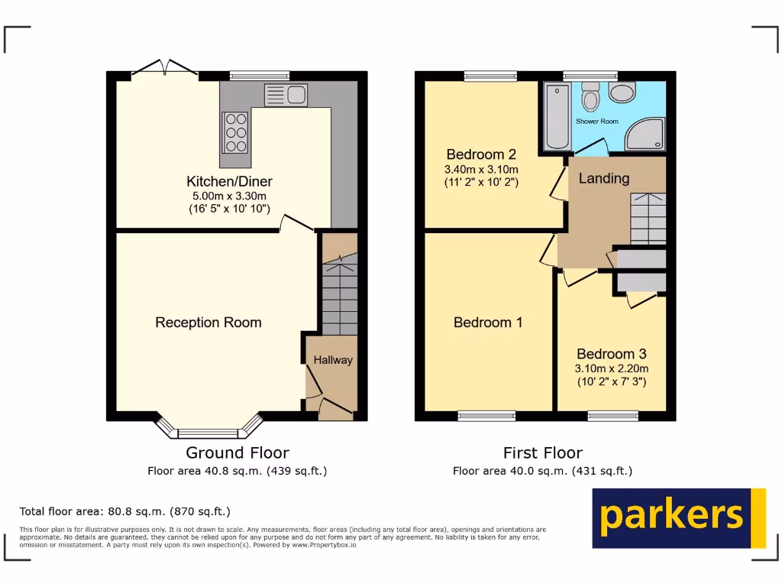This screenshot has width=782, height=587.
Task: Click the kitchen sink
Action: click(x=286, y=95)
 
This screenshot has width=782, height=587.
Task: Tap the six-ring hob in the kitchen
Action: click(x=235, y=133)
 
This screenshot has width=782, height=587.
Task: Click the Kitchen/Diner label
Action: click(x=229, y=182)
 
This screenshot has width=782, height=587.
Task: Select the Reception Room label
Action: click(x=208, y=323)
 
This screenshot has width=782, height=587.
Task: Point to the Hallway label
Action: click(x=333, y=360)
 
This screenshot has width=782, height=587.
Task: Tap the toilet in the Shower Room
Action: click(x=590, y=97)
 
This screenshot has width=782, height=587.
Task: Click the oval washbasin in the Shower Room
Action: click(x=622, y=93)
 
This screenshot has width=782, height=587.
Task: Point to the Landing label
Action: click(x=603, y=178)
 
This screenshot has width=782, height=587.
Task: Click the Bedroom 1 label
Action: click(x=488, y=323)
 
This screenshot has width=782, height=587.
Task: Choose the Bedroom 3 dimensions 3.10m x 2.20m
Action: click(x=611, y=368)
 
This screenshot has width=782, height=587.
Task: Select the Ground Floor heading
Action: click(x=238, y=453)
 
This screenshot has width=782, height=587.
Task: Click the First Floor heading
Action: click(x=542, y=453)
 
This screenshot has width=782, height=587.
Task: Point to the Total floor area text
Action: click(x=124, y=511)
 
